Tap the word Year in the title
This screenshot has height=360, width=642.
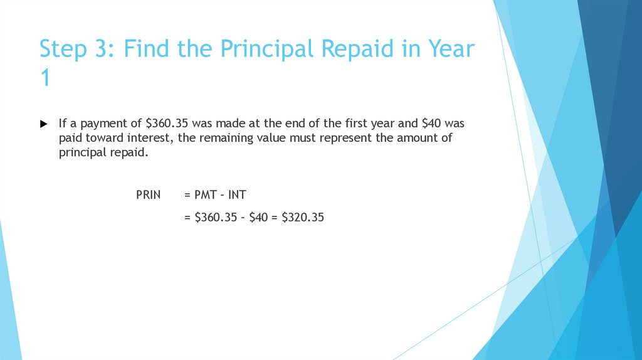(446, 49)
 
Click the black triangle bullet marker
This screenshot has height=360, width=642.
(43, 124)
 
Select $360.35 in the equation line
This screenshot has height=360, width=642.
(215, 218)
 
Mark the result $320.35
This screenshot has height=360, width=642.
(303, 218)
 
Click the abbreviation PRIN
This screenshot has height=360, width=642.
(149, 195)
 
